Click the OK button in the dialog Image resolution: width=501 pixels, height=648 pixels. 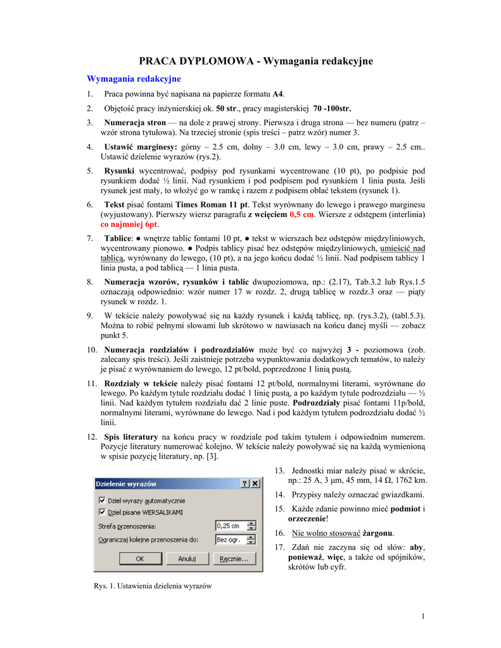pos(139,559)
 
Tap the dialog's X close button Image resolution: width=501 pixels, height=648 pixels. pos(255,483)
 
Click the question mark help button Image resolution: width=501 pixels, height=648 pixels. pos(244,483)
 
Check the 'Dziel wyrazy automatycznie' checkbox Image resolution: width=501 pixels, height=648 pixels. pos(102,500)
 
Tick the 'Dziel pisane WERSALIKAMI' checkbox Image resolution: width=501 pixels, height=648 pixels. pos(102,511)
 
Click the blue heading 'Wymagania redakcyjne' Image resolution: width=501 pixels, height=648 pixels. pos(134,78)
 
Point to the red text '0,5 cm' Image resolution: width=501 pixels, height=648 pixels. pos(301,215)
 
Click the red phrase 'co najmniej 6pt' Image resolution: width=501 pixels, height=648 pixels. pos(129,225)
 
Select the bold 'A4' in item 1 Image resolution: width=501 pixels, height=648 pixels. pos(278,94)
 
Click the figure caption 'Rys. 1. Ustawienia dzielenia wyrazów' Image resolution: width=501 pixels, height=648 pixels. pos(153,586)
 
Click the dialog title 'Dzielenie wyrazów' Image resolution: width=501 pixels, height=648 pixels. pos(126,483)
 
